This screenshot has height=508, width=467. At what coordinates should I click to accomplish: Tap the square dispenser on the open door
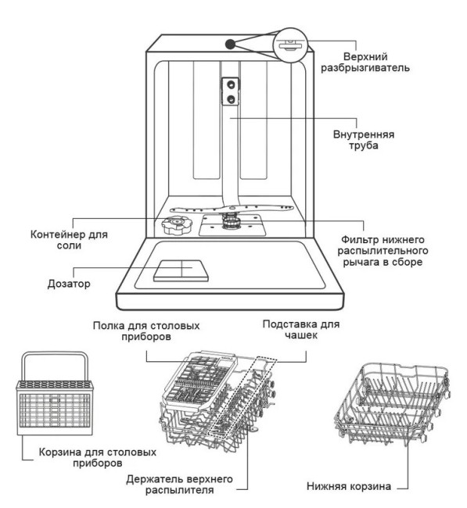[x=181, y=270]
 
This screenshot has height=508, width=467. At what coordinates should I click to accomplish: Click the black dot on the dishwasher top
[x=230, y=44]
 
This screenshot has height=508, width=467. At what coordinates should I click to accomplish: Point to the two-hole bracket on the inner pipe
[x=232, y=91]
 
